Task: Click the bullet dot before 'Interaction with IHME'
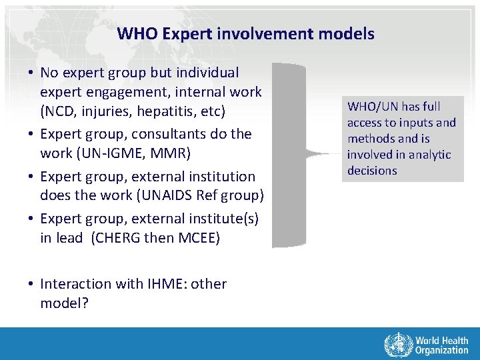(x=31, y=284)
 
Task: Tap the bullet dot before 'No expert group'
(x=31, y=72)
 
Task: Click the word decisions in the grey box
(x=372, y=171)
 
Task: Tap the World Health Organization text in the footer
(x=441, y=345)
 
